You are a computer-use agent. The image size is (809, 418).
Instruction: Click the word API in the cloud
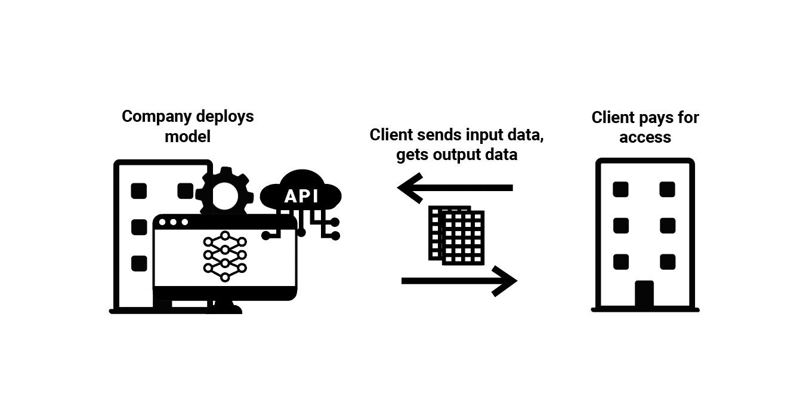[x=301, y=196]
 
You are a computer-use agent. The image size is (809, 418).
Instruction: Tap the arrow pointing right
[x=459, y=281]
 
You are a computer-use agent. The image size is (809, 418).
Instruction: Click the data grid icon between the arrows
[x=456, y=236]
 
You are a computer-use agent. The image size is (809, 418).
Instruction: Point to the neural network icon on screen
[x=225, y=256]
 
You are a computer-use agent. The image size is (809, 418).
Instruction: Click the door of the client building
[x=644, y=294]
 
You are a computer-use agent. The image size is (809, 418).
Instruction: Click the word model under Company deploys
[x=188, y=136]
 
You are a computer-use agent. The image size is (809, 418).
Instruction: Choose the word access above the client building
[x=645, y=137]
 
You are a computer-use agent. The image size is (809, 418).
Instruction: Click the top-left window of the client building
[x=621, y=189]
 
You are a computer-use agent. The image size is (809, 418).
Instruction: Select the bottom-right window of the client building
[x=668, y=262]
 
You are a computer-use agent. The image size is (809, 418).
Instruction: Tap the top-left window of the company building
[x=139, y=191]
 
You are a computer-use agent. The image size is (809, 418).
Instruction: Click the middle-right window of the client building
[x=668, y=226]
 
